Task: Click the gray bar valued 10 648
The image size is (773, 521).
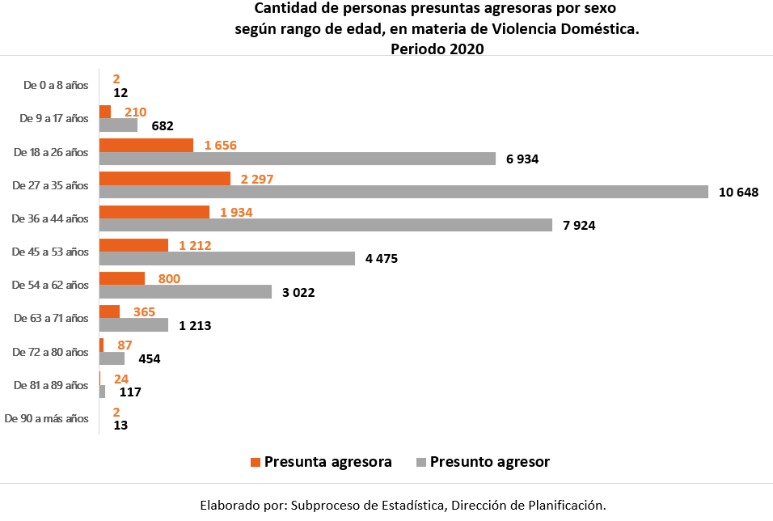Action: click(x=403, y=192)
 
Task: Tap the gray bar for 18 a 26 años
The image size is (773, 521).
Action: click(x=297, y=159)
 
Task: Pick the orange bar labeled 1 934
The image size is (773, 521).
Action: click(x=154, y=212)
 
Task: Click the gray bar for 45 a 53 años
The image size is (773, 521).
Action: click(x=226, y=258)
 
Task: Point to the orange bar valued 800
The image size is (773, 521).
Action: click(x=121, y=278)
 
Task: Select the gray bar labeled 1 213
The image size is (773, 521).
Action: click(x=133, y=324)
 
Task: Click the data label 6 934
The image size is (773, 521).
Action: click(x=522, y=159)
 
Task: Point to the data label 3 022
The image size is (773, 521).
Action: click(x=298, y=292)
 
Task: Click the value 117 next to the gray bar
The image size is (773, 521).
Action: click(x=129, y=392)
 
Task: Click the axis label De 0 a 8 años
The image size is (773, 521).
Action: click(x=55, y=85)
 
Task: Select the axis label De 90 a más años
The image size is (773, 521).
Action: click(x=46, y=418)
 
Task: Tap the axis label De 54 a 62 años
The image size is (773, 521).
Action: click(x=50, y=285)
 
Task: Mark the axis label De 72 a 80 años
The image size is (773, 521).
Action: click(x=50, y=352)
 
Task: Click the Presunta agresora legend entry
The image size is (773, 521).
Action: click(x=321, y=462)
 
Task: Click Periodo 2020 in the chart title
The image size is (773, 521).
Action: click(x=437, y=49)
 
